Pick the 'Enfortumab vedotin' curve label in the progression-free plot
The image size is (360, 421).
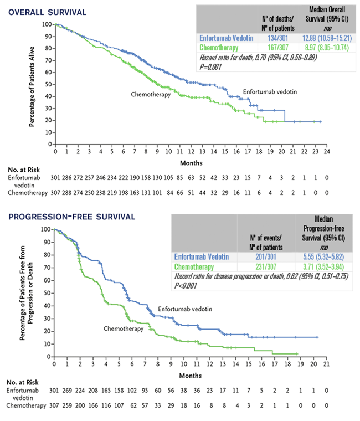183,308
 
